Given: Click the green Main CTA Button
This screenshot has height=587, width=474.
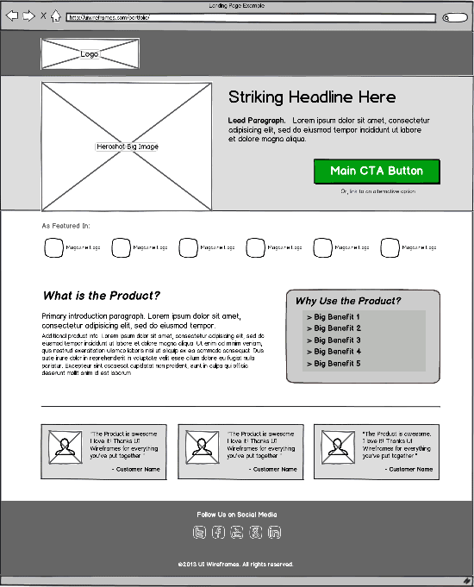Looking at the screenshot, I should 377,171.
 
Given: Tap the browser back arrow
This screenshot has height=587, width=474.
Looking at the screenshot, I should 12,16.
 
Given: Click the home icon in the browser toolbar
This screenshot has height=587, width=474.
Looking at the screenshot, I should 56,16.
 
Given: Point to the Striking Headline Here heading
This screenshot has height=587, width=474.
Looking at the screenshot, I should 312,97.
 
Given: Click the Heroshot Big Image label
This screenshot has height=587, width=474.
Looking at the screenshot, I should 127,147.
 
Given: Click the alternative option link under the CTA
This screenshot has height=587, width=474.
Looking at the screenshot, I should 377,191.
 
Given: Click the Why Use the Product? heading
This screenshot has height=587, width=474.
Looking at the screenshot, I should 348,301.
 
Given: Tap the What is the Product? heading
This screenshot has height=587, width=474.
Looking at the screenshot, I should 102,296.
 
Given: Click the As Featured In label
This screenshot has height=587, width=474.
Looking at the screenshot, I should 65,226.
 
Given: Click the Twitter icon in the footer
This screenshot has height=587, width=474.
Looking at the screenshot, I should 200,532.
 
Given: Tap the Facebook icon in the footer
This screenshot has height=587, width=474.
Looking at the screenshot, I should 219,532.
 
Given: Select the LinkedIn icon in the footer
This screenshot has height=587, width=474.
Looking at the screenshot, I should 275,532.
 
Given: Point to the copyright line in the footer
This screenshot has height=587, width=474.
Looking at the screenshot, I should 236,565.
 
